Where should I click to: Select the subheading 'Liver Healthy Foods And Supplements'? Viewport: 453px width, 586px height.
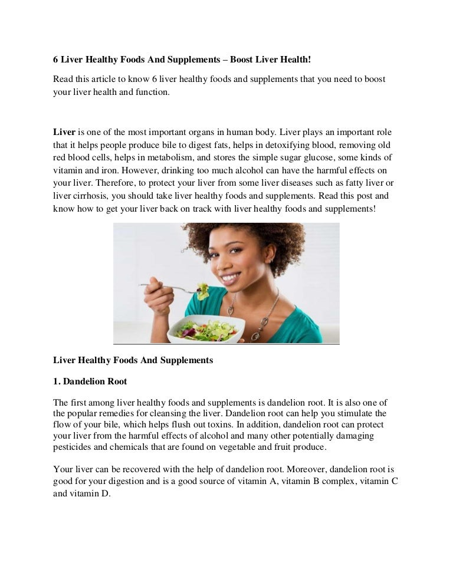tap(133, 360)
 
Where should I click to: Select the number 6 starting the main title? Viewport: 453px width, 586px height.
tap(56, 60)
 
